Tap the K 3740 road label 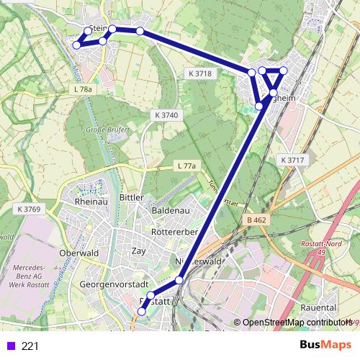166,115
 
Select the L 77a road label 186,166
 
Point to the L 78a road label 84,89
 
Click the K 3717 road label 294,159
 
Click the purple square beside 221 9,346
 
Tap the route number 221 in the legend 30,346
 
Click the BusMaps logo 325,345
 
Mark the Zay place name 138,251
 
